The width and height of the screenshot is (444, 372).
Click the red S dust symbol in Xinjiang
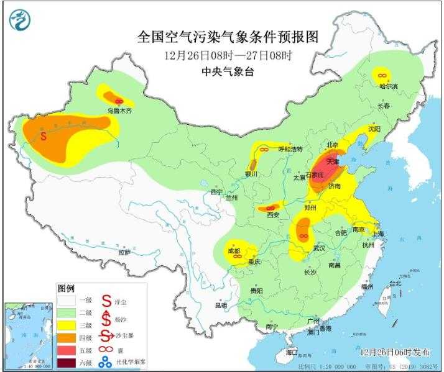point(43,135)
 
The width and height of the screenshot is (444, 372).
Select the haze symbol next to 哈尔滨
point(381,75)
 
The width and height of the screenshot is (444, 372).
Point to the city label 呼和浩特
point(289,150)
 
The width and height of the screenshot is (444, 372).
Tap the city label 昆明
point(221,306)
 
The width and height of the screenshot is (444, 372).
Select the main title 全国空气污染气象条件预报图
point(227,37)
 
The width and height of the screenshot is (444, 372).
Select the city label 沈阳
point(373,129)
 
